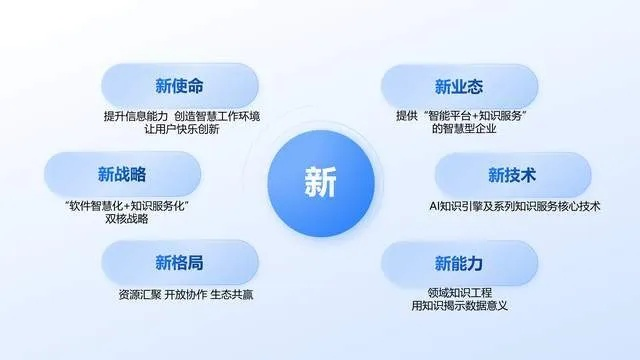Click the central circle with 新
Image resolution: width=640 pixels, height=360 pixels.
point(320,182)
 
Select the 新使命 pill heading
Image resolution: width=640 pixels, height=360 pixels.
point(179,86)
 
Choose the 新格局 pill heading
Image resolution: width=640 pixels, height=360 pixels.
point(180,263)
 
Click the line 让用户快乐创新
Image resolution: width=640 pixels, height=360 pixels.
point(180,130)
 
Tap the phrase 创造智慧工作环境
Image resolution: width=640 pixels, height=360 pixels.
point(215,116)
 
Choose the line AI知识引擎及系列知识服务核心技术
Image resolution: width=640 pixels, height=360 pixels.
point(513,207)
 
